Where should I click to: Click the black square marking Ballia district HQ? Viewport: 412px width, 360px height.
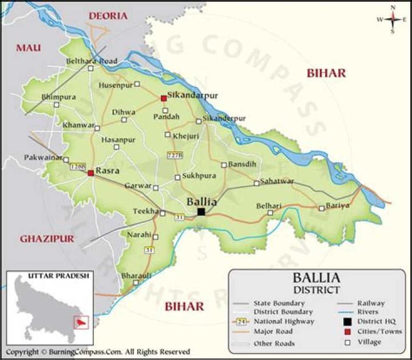pyautogui.click(x=201, y=212)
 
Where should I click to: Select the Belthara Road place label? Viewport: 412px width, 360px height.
pyautogui.click(x=92, y=61)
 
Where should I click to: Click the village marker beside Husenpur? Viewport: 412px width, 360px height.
pyautogui.click(x=137, y=84)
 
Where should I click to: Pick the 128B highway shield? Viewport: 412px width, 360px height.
pyautogui.click(x=78, y=167)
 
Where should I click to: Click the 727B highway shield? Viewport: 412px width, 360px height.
pyautogui.click(x=175, y=155)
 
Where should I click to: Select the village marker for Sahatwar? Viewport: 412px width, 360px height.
pyautogui.click(x=256, y=184)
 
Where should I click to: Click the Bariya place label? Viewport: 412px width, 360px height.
pyautogui.click(x=337, y=205)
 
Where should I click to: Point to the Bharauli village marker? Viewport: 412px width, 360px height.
pyautogui.click(x=136, y=283)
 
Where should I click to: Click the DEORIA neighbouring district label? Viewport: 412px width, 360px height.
pyautogui.click(x=108, y=16)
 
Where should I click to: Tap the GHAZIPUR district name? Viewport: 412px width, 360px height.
pyautogui.click(x=47, y=239)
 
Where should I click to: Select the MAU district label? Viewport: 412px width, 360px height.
pyautogui.click(x=28, y=48)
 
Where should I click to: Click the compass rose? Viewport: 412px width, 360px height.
pyautogui.click(x=393, y=19)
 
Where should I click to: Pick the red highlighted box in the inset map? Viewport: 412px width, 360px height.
pyautogui.click(x=79, y=323)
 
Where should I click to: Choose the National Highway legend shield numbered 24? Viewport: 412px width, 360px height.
pyautogui.click(x=242, y=322)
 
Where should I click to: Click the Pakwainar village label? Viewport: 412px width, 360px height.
pyautogui.click(x=42, y=157)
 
